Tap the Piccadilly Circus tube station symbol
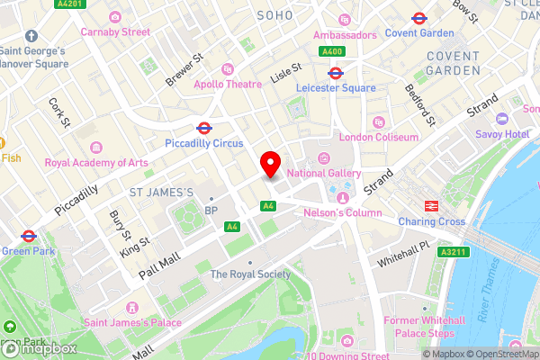coord(204,128)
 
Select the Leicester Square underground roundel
coord(335,74)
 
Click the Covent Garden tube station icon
coord(418,18)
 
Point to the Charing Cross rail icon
coord(431,205)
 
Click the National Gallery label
coord(324,173)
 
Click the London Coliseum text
coord(379,137)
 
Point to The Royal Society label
coord(244,274)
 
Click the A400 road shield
coord(333,51)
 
